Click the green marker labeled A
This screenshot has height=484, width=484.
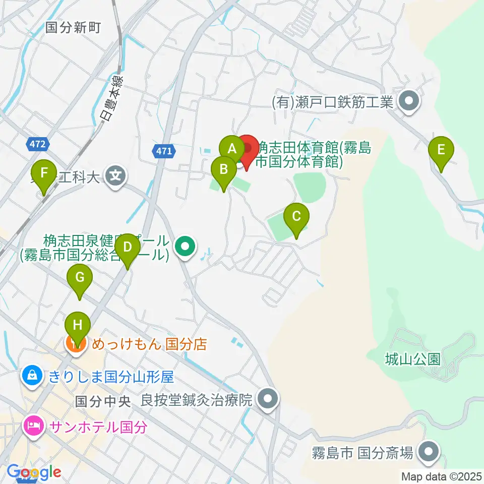pos(232,149)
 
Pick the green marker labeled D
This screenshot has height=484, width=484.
pos(128,248)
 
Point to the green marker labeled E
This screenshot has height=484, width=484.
pos(441,150)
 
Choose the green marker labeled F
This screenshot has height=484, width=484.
pos(45,173)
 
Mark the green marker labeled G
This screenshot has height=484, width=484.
pos(80,278)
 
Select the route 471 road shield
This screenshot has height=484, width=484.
pos(164,150)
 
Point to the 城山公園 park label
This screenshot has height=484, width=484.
pos(412,359)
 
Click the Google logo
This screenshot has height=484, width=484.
pos(33,472)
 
